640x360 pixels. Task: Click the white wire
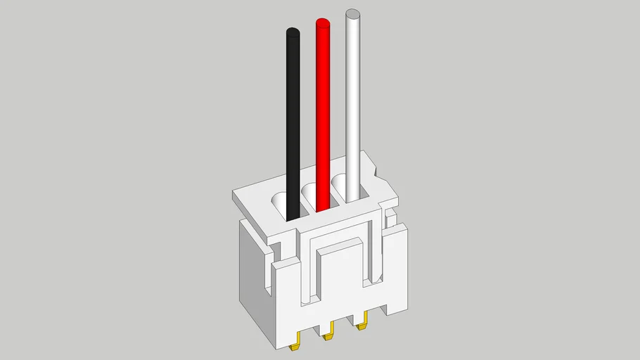353,98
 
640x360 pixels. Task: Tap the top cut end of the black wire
293,32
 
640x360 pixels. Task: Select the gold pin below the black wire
297,344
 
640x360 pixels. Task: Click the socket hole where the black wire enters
281,204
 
